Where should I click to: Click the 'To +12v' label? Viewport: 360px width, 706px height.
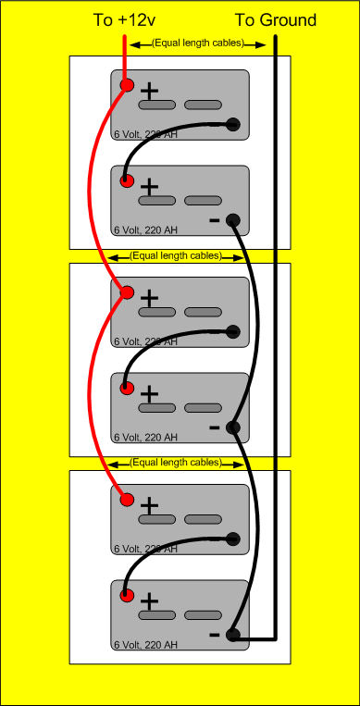[x=123, y=20]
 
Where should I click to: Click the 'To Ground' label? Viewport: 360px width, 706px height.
[x=275, y=20]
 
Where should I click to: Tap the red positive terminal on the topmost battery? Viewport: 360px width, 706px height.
[x=127, y=86]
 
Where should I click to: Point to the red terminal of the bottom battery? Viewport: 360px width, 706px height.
[x=127, y=594]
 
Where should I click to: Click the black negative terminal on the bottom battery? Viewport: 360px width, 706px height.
[x=232, y=636]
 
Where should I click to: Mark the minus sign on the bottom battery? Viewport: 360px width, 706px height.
[x=215, y=635]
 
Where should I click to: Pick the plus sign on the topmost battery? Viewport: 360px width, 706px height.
[x=149, y=91]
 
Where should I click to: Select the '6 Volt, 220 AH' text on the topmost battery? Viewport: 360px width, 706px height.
[x=144, y=134]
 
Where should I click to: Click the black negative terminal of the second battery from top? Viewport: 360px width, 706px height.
[x=232, y=220]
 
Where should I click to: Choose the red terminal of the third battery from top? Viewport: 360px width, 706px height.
[x=127, y=293]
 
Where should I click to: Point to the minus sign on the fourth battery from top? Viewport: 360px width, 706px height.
[x=215, y=427]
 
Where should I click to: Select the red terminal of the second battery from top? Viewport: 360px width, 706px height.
[x=127, y=180]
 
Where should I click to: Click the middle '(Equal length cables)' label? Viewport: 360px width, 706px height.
[x=176, y=255]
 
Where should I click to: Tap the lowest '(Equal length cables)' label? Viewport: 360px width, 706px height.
[x=176, y=462]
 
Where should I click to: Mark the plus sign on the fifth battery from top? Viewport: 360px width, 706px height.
[x=149, y=505]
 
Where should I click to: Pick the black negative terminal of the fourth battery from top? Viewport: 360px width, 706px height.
[x=232, y=427]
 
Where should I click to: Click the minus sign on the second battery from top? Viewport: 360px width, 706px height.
[x=215, y=220]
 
